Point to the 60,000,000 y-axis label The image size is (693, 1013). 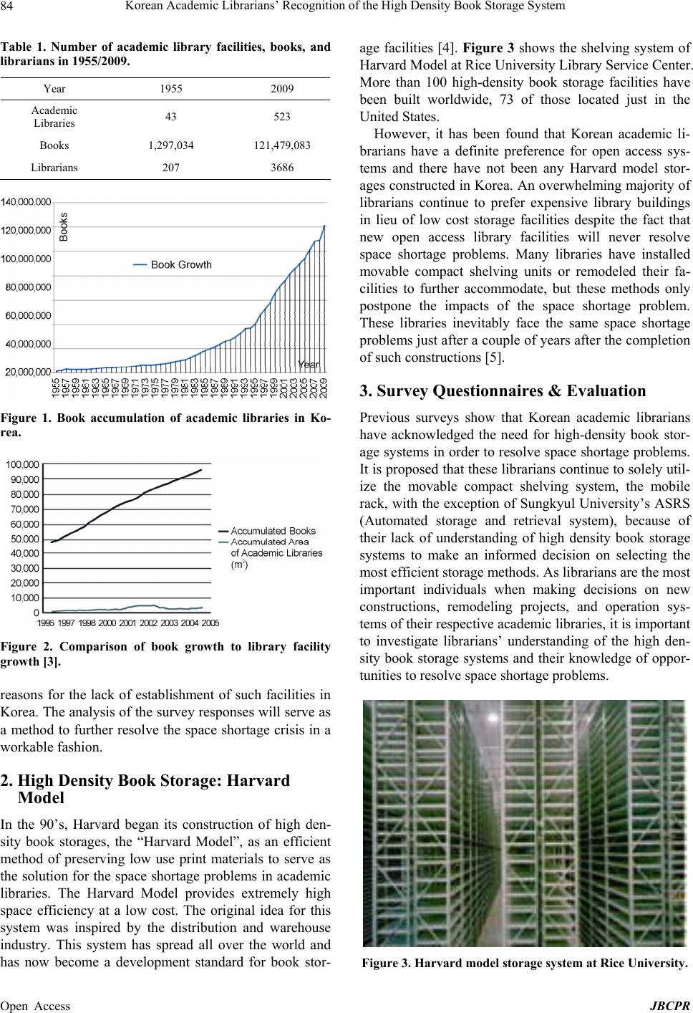(29, 315)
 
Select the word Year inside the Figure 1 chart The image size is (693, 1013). (309, 365)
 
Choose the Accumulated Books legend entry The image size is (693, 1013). (272, 531)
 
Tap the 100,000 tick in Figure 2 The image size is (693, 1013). (23, 466)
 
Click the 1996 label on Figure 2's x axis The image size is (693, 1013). (44, 623)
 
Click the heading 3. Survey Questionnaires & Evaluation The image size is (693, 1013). (503, 391)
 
